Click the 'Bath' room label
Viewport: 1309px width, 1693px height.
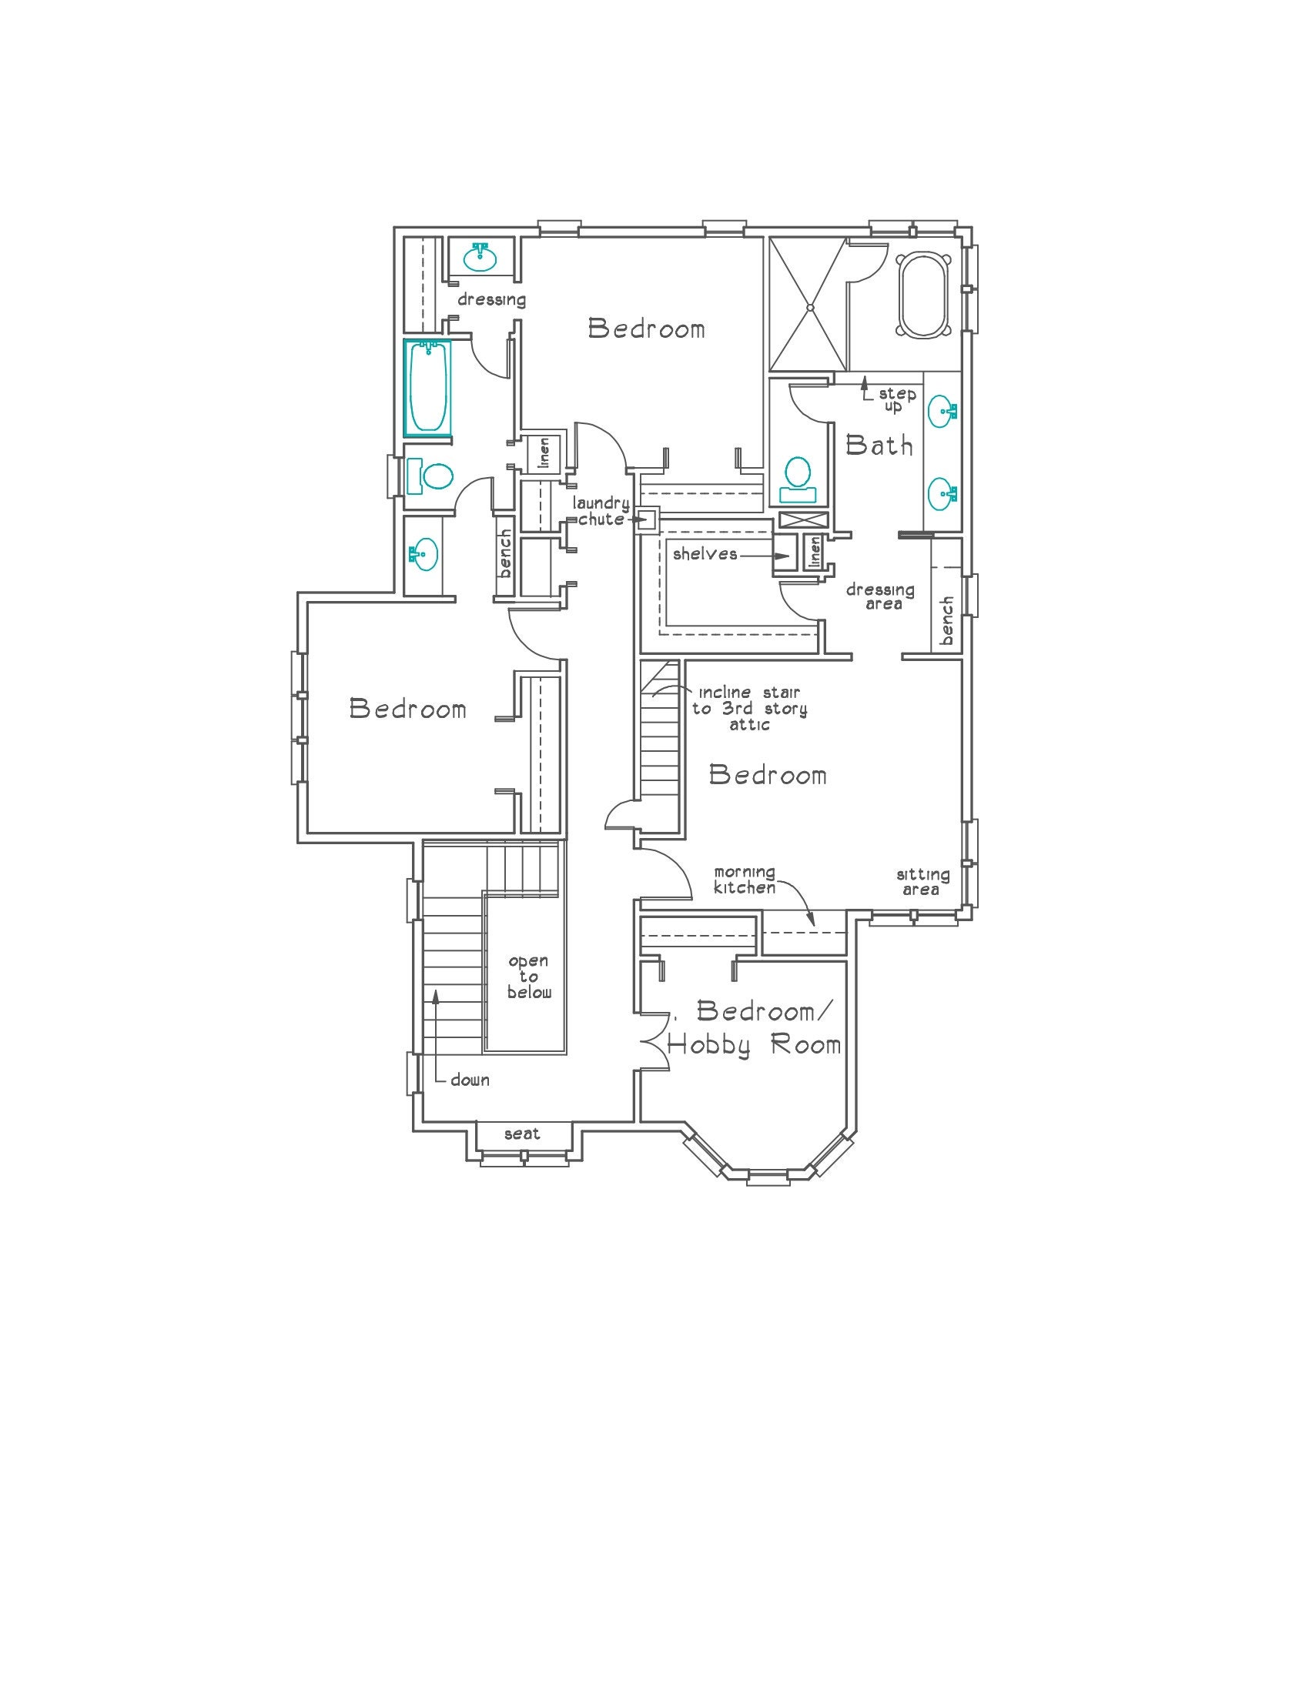coord(879,446)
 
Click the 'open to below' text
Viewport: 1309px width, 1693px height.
coord(529,977)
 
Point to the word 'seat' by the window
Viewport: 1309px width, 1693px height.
coord(522,1134)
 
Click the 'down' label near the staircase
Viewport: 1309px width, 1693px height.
coord(470,1080)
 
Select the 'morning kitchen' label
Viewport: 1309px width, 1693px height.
coord(745,880)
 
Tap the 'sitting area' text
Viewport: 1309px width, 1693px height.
coord(922,882)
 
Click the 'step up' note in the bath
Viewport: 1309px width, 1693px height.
coord(896,400)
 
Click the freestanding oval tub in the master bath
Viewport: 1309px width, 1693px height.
coord(922,295)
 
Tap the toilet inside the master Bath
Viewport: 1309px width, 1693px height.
coord(797,479)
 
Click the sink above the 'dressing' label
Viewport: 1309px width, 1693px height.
coord(481,256)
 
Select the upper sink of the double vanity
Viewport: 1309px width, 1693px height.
coord(942,410)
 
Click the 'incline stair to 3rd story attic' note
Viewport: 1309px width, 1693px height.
coord(749,709)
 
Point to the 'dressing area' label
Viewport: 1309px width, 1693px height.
coord(879,596)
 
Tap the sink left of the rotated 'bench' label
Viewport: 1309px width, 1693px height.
coord(422,553)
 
